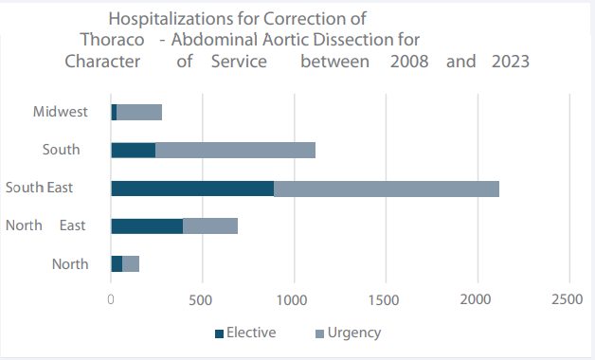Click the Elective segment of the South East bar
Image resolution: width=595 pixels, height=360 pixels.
(x=192, y=188)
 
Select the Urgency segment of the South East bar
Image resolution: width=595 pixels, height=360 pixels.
(x=387, y=188)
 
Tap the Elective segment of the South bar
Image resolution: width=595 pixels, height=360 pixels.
(x=133, y=150)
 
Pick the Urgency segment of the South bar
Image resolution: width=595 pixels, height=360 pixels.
(x=235, y=150)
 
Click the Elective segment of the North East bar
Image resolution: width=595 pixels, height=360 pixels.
(x=147, y=225)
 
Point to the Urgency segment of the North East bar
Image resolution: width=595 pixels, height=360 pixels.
(x=210, y=225)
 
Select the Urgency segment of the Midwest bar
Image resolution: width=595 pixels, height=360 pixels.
(x=139, y=112)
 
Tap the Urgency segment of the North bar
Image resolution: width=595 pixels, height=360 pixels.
(x=131, y=263)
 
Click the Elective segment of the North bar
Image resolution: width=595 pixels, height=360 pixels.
(x=117, y=263)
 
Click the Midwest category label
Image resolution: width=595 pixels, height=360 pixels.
(x=60, y=112)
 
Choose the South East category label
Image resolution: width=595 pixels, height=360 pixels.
(x=39, y=188)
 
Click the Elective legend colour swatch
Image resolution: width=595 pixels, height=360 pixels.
(x=220, y=333)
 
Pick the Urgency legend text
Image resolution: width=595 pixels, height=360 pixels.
(x=353, y=333)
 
